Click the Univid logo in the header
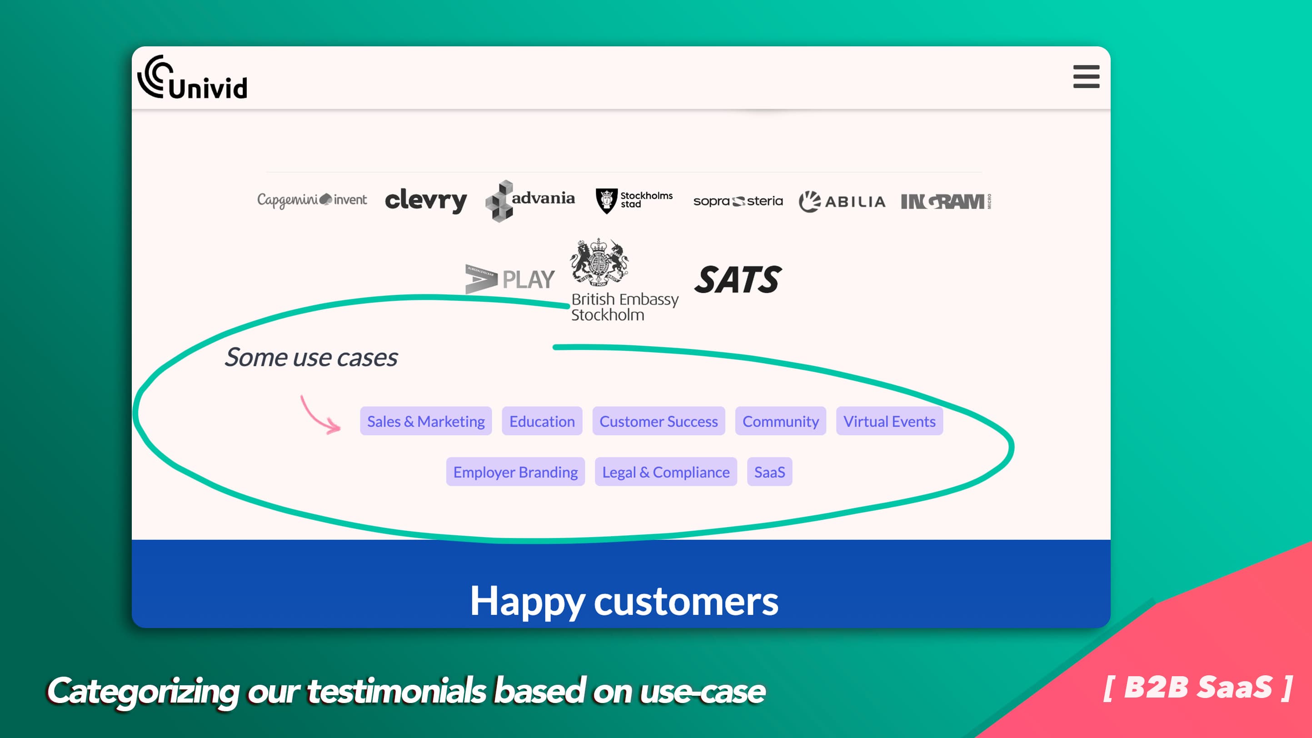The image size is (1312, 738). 193,77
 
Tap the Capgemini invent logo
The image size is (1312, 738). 312,200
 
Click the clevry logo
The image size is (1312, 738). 426,200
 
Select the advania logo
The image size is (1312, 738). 530,201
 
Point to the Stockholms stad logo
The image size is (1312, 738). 634,201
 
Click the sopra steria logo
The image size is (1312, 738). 738,201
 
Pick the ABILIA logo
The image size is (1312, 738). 842,202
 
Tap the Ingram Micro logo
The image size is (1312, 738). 946,202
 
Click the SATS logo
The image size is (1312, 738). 738,279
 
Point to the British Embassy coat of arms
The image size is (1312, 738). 599,263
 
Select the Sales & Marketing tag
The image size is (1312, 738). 426,421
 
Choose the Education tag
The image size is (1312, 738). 542,421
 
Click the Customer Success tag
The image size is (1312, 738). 658,421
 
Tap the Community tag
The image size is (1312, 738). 780,421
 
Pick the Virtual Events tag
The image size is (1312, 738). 889,421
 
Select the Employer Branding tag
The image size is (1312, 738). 515,472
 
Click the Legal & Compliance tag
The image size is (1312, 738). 666,472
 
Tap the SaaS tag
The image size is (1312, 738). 769,472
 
